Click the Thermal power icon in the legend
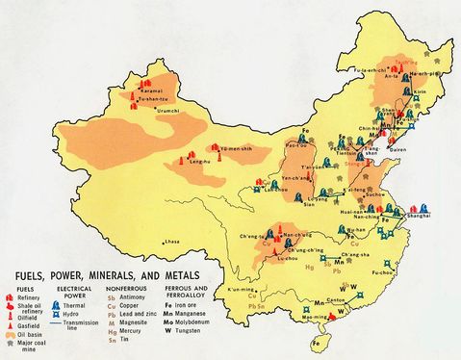coord(75,299)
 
